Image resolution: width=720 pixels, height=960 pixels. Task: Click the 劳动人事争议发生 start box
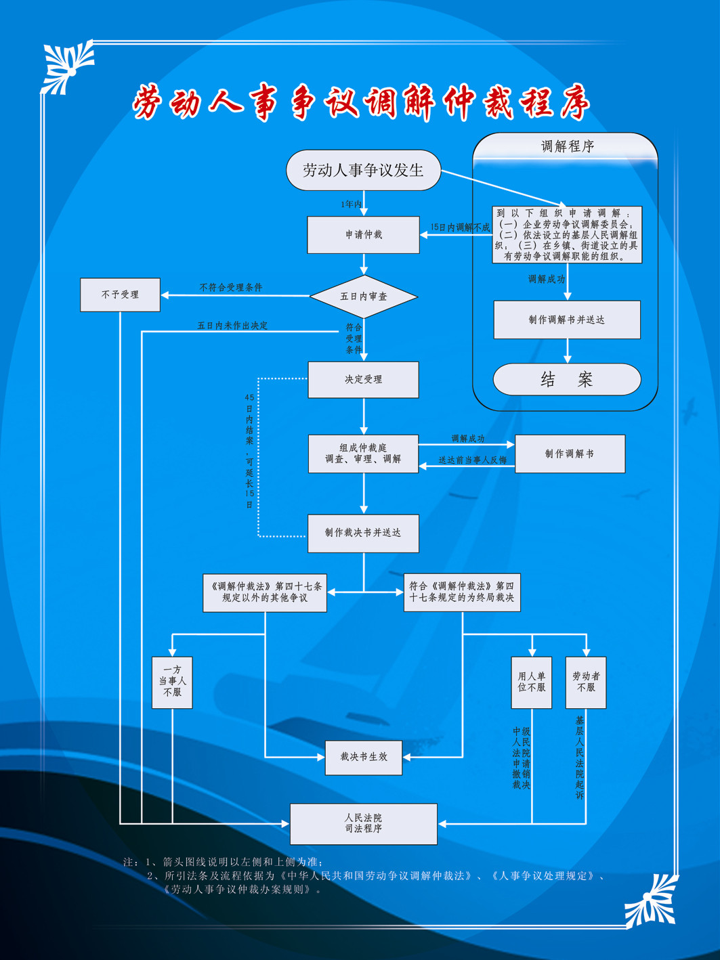point(363,170)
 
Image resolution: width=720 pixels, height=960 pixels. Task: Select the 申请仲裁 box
point(363,235)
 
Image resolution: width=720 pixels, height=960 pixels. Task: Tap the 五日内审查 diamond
point(364,297)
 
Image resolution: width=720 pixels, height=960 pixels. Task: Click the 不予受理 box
point(121,294)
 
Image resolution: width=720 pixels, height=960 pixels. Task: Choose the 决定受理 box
point(363,380)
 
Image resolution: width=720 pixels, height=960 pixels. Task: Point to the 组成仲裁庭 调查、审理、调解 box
point(363,454)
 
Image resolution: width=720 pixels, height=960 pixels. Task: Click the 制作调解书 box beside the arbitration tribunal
point(570,454)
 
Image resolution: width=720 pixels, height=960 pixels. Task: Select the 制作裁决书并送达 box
point(363,533)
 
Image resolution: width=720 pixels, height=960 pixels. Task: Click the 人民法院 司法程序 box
point(364,824)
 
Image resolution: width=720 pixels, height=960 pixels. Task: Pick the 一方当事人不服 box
point(172,682)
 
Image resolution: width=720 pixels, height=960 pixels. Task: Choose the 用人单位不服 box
point(532,682)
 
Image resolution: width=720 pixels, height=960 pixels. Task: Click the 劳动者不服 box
point(586,682)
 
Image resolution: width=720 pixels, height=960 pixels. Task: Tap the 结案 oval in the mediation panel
point(567,379)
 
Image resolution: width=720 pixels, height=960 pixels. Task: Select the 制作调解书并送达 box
point(567,320)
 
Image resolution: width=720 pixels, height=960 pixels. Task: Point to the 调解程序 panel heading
point(568,146)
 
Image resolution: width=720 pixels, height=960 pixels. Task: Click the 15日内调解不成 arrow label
point(460,227)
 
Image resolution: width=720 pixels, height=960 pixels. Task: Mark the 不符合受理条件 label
point(231,287)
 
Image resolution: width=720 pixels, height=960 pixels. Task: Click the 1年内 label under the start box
point(352,204)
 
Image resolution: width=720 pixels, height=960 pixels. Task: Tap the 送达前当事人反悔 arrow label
point(472,460)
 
